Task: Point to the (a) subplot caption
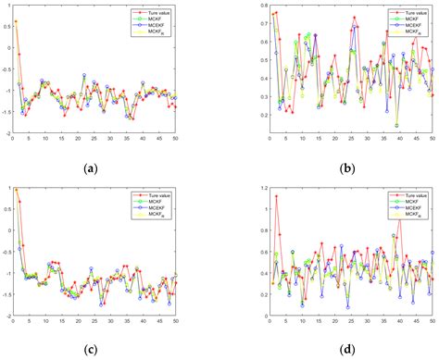pos(90,168)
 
